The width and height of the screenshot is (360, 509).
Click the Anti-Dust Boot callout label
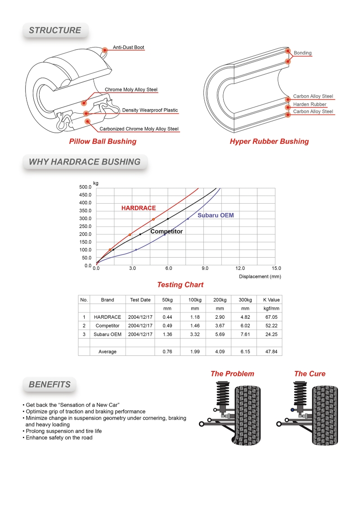click(x=128, y=47)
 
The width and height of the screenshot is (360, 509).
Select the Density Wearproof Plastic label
click(x=150, y=110)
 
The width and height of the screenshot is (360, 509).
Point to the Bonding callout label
click(x=302, y=53)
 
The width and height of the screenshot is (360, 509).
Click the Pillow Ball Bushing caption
click(x=103, y=142)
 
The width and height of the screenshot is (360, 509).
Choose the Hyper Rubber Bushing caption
click(x=269, y=142)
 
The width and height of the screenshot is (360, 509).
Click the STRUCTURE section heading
click(x=55, y=31)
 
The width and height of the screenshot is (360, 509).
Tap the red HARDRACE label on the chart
click(x=139, y=208)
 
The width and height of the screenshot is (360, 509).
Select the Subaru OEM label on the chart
click(x=216, y=215)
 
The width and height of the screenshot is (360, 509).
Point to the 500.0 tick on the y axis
click(x=85, y=187)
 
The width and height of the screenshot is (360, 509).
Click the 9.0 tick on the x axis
click(x=205, y=268)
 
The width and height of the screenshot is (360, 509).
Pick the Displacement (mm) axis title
click(x=260, y=277)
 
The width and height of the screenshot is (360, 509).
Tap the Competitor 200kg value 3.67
click(x=220, y=326)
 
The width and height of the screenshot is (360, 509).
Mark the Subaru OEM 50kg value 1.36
click(x=167, y=334)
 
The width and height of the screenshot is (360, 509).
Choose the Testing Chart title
click(x=180, y=285)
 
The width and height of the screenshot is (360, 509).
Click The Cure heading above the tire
click(x=310, y=374)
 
